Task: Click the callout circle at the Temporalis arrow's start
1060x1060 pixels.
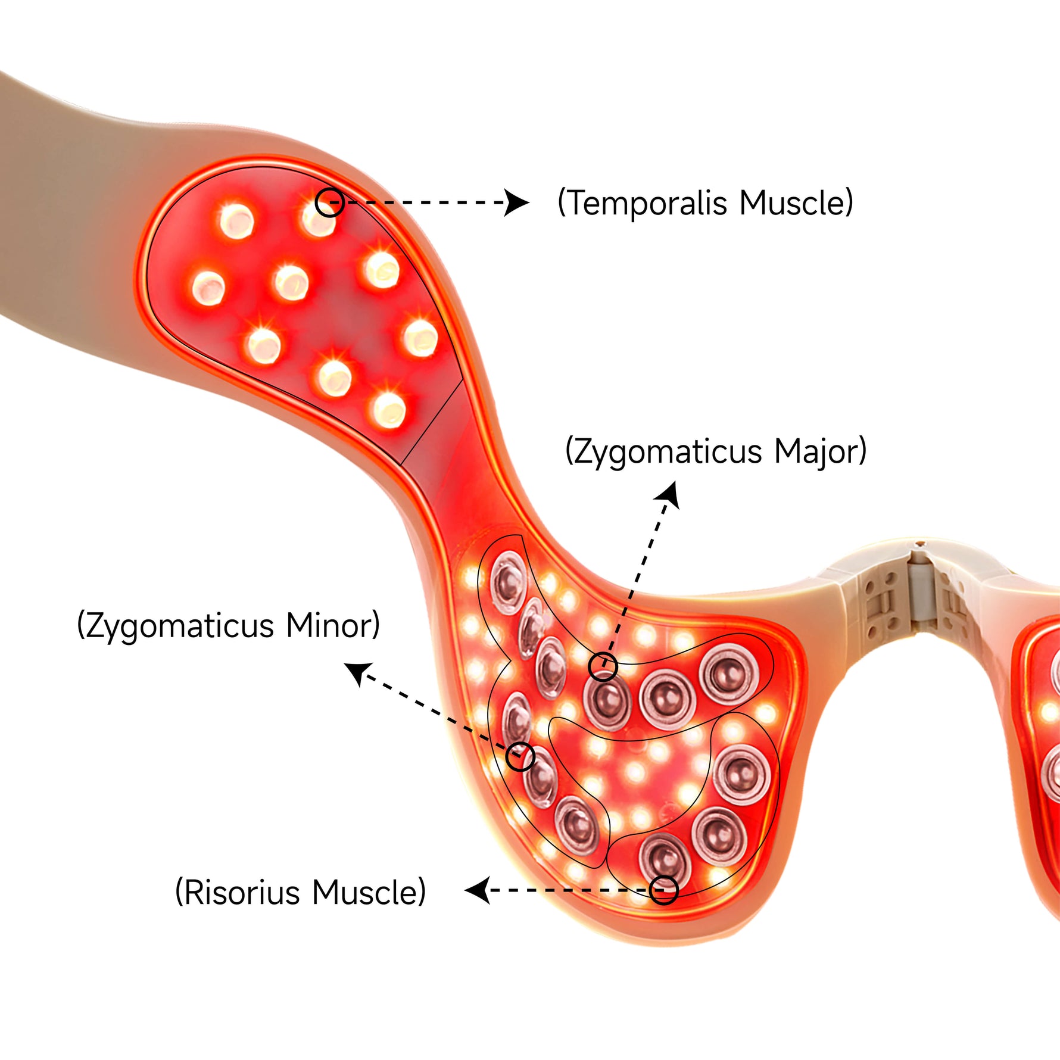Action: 329,202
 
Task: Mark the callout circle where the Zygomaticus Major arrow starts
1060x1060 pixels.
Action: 603,666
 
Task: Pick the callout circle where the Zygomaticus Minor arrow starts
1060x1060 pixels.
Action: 520,757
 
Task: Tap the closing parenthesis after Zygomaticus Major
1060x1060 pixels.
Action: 862,451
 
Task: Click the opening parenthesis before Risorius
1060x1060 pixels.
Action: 178,892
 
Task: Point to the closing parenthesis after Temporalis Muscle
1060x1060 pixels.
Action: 849,203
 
